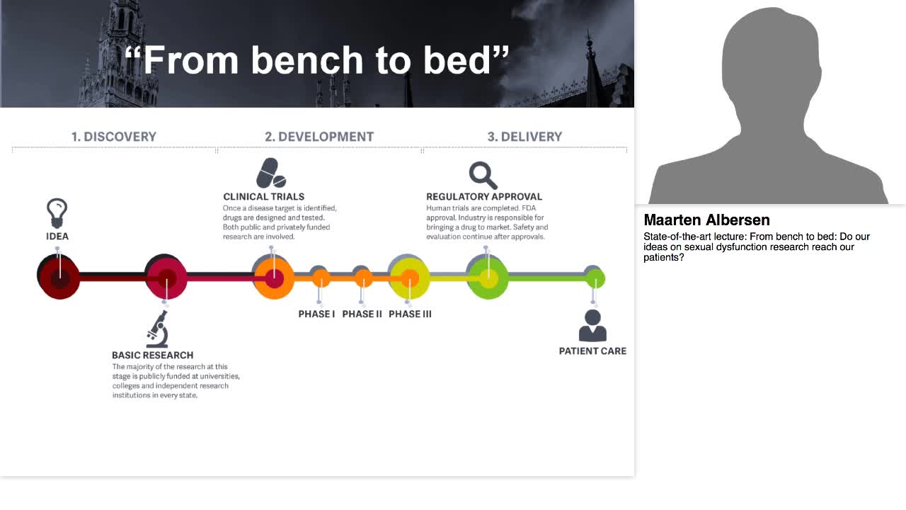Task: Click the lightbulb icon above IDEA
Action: coord(57,212)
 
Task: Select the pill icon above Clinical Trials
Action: coord(270,174)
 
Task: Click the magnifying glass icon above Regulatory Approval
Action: coord(483,175)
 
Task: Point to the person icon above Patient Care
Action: coord(592,326)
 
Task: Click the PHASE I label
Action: coord(316,314)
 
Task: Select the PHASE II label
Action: coord(362,314)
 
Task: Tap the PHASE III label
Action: coord(410,314)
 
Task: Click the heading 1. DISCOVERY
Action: coord(113,137)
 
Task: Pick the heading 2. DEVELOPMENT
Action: coord(319,137)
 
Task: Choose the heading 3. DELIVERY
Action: coord(524,137)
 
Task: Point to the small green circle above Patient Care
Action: coord(595,278)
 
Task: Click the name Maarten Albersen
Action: coord(706,220)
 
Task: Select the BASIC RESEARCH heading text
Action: coord(152,355)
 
